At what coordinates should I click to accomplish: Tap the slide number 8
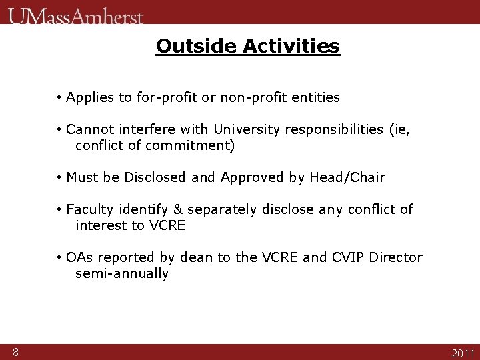15,352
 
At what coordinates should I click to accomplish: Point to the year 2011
463,353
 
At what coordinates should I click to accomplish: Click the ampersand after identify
178,210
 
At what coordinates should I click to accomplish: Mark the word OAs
80,257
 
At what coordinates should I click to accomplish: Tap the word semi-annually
122,273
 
